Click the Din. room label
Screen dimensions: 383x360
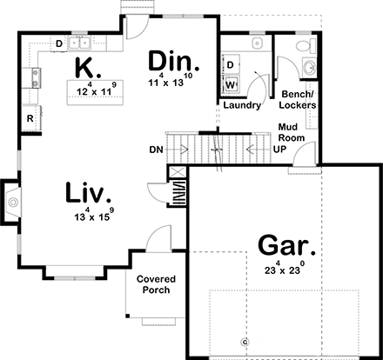pyautogui.click(x=174, y=61)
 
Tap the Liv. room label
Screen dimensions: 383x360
pyautogui.click(x=88, y=192)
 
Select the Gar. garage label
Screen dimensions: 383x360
pyautogui.click(x=286, y=245)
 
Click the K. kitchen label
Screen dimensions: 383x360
pyautogui.click(x=88, y=68)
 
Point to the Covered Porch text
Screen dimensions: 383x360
pyautogui.click(x=156, y=284)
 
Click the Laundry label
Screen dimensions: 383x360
pyautogui.click(x=242, y=105)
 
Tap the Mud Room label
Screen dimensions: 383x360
pyautogui.click(x=292, y=132)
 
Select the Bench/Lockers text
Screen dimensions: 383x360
pyautogui.click(x=298, y=99)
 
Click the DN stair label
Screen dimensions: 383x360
pyautogui.click(x=156, y=150)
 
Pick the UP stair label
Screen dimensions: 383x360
pyautogui.click(x=279, y=150)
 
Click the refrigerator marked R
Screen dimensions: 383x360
pyautogui.click(x=31, y=117)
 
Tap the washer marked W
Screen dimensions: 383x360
pyautogui.click(x=231, y=84)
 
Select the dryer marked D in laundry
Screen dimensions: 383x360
pyautogui.click(x=231, y=64)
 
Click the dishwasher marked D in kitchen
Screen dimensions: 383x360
pyautogui.click(x=59, y=43)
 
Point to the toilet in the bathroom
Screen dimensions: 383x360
pyautogui.click(x=306, y=45)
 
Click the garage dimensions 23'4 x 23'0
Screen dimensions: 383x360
pyautogui.click(x=285, y=268)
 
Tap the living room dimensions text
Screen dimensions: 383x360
pyautogui.click(x=94, y=215)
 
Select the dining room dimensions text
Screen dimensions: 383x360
pyautogui.click(x=170, y=80)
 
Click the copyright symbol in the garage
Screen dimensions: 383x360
pyautogui.click(x=245, y=343)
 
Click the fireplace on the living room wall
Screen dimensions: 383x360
pyautogui.click(x=11, y=202)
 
